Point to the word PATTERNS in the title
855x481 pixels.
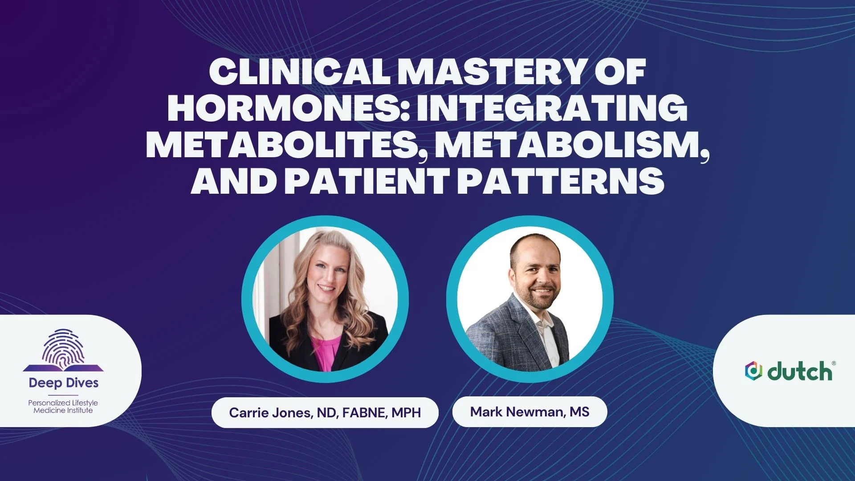pos(561,181)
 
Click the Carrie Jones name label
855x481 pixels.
pos(325,412)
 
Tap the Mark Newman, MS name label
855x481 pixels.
pos(530,412)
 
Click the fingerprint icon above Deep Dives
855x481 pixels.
pos(63,350)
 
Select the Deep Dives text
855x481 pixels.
pos(64,383)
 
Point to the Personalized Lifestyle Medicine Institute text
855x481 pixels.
pos(63,407)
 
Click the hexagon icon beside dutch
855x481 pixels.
pos(753,371)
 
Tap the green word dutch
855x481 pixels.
pos(800,371)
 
